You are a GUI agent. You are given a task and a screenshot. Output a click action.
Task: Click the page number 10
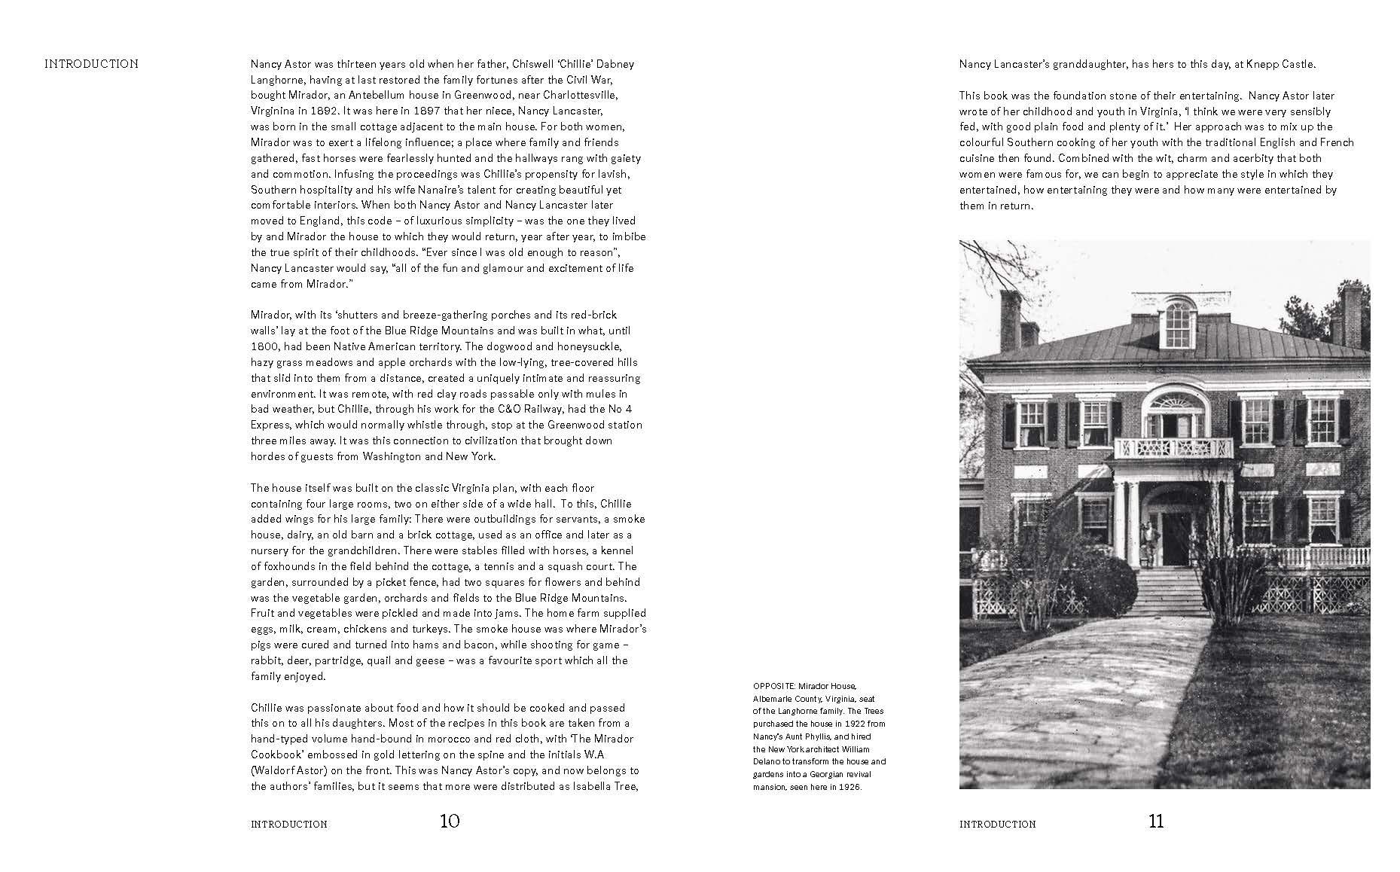point(449,821)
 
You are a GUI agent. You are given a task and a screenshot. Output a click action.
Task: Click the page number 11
point(1156,821)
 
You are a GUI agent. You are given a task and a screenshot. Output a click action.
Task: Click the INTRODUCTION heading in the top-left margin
point(91,64)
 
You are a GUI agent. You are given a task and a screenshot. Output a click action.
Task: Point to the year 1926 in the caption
point(849,787)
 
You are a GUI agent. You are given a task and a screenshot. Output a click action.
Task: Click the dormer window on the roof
point(1179,320)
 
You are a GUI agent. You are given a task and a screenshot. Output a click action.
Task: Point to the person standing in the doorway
point(1148,541)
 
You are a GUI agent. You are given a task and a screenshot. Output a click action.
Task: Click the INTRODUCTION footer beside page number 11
point(997,825)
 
